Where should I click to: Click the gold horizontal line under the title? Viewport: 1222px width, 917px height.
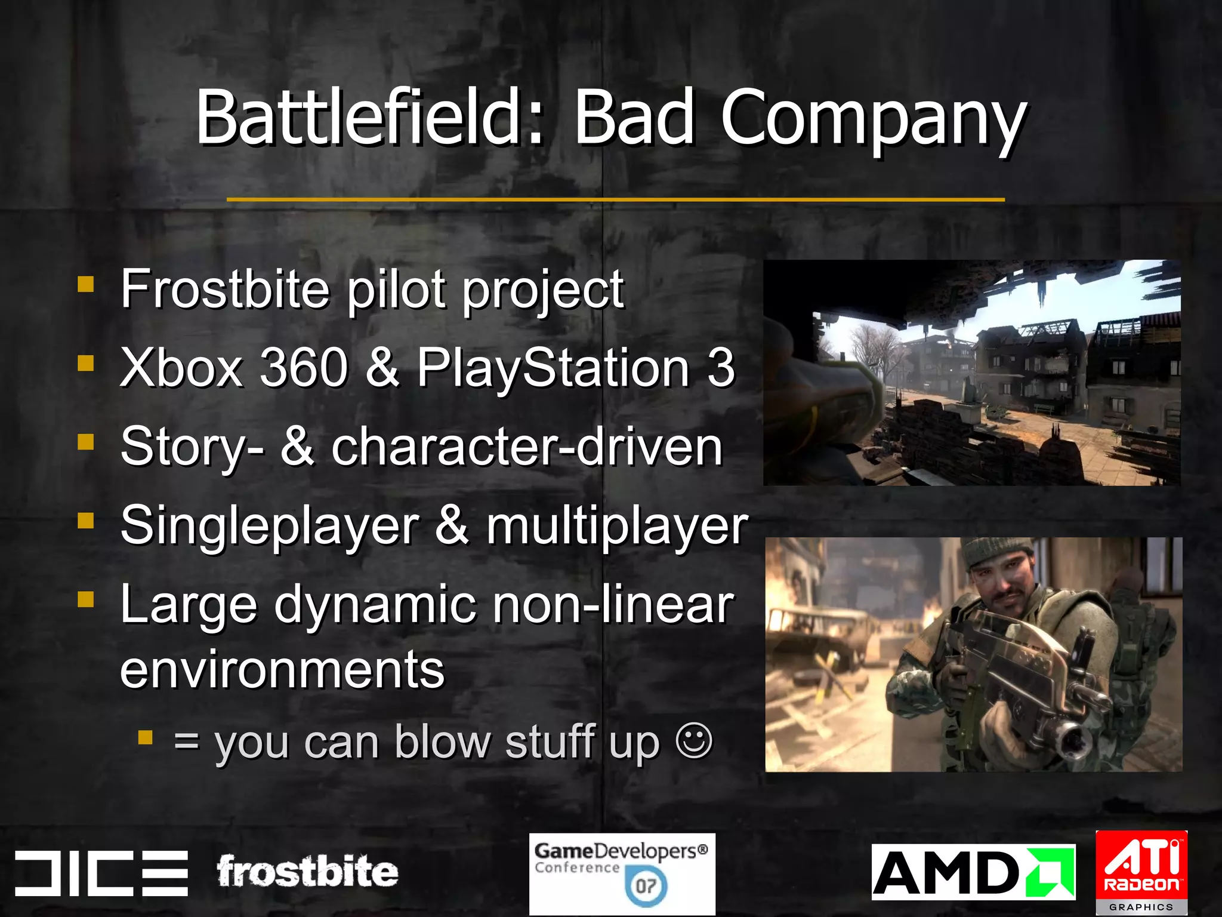(615, 199)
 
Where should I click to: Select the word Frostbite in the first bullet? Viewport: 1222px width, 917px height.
(224, 289)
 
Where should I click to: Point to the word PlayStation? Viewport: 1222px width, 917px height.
(553, 368)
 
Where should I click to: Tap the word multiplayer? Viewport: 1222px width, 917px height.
(616, 526)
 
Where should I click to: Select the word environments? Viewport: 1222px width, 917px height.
(282, 669)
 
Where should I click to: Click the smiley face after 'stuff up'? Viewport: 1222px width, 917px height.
(694, 741)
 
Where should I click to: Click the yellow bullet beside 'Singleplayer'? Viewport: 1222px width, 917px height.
(86, 521)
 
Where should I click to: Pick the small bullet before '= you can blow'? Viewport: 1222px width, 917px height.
(145, 738)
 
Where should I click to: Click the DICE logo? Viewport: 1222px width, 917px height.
(101, 872)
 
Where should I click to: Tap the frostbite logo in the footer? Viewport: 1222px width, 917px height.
(307, 871)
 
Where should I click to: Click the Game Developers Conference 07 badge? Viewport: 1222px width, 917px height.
(622, 873)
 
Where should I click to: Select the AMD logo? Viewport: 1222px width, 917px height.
(973, 872)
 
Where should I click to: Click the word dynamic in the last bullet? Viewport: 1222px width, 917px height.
(375, 605)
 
